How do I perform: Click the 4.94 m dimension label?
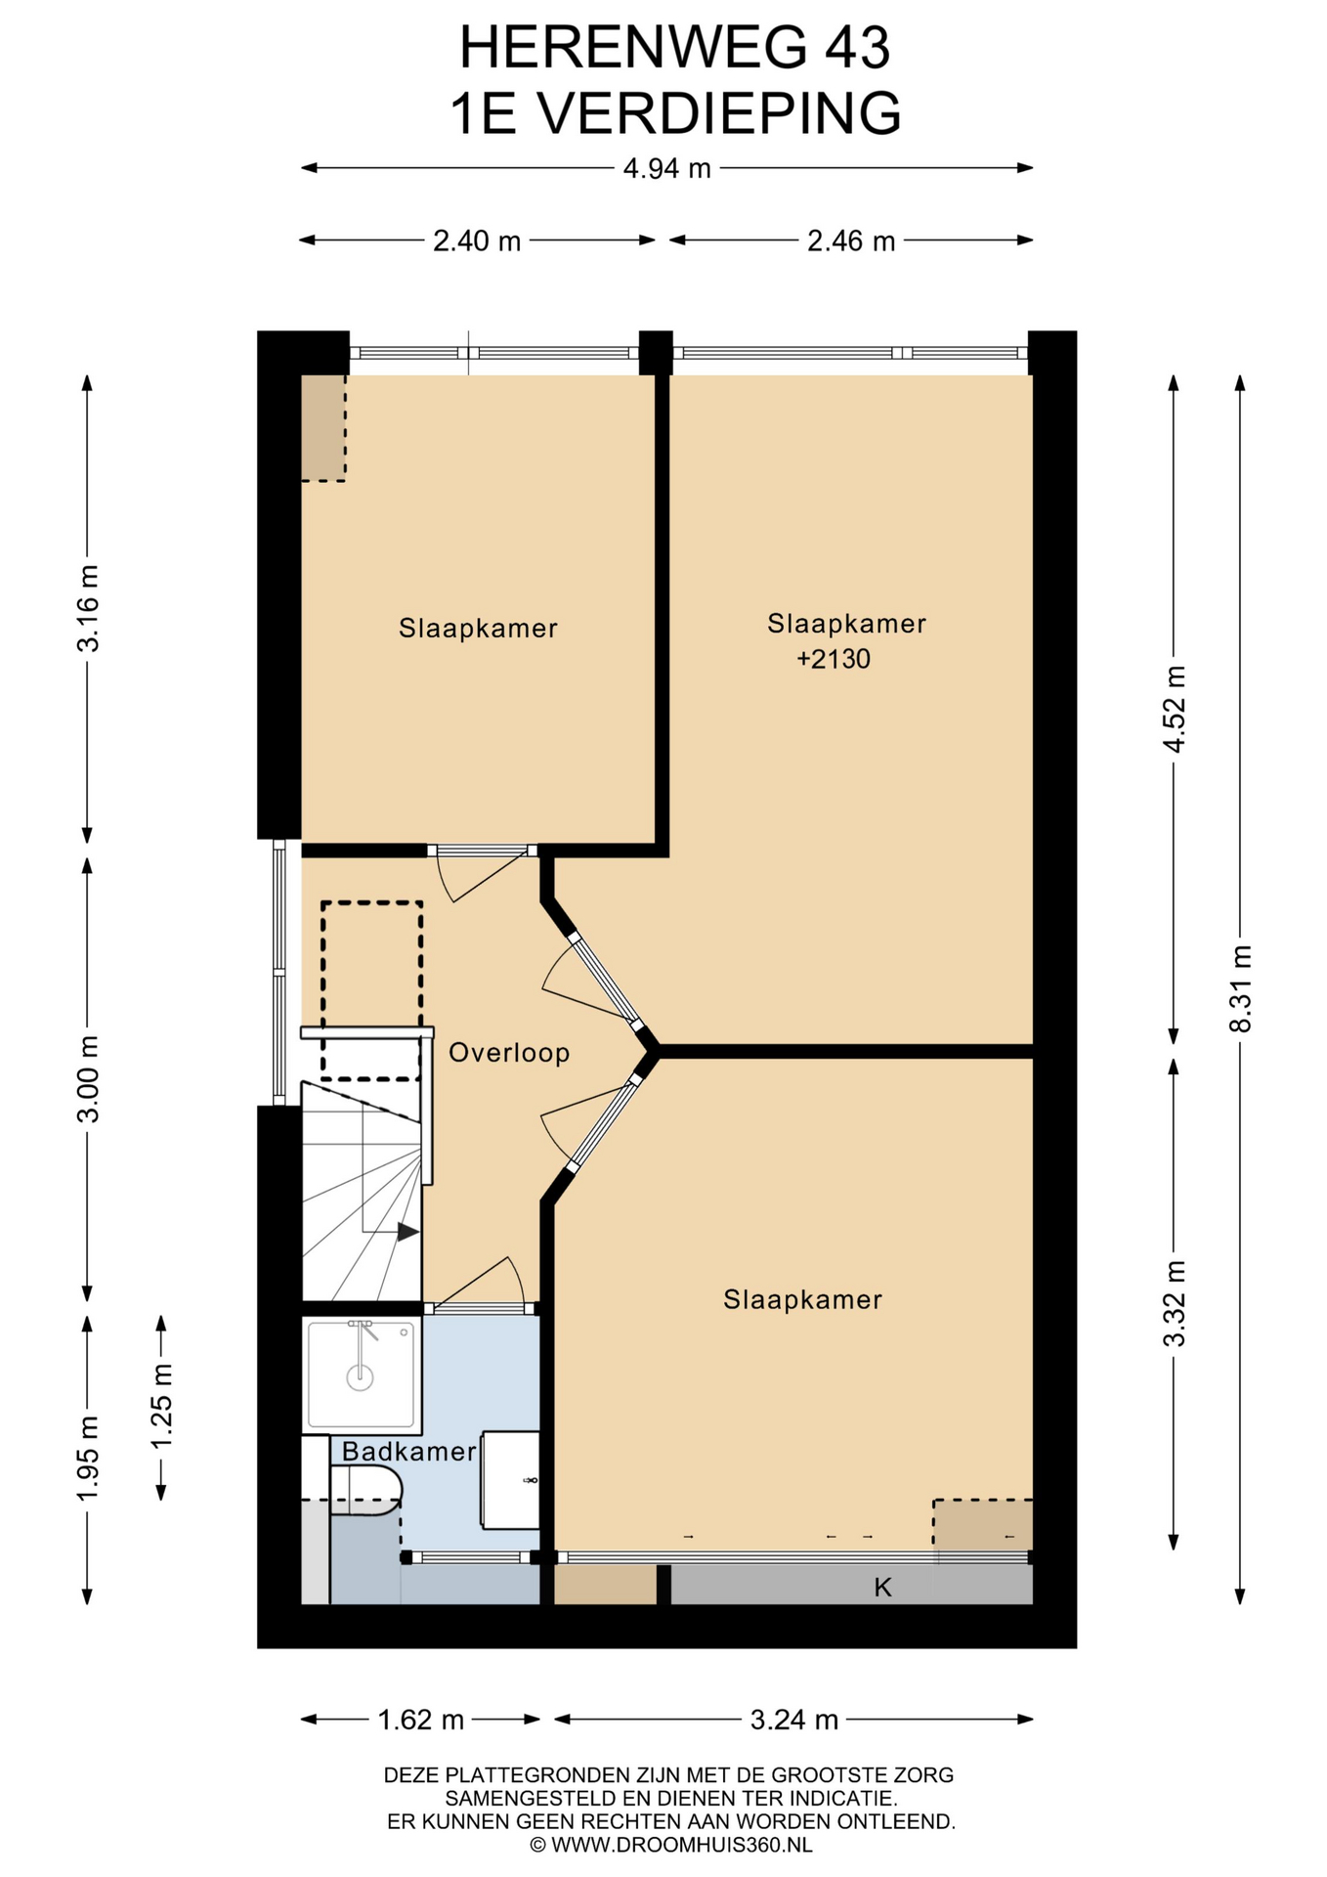(x=667, y=168)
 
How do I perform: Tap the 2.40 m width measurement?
(x=477, y=240)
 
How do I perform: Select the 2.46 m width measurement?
(x=851, y=240)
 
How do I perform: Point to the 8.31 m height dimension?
(x=1240, y=988)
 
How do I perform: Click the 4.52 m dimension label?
(x=1174, y=709)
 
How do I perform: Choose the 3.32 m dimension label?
(x=1174, y=1303)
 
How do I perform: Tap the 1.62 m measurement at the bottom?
(x=421, y=1720)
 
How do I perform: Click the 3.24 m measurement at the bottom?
(x=794, y=1720)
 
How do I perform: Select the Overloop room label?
(x=509, y=1053)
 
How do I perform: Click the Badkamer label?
(x=408, y=1451)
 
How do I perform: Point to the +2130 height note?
(x=834, y=659)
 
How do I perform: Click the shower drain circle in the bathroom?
(x=361, y=1377)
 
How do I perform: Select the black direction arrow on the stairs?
(x=407, y=1232)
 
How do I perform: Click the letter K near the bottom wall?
(x=882, y=1588)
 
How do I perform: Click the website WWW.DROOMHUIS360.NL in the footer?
(x=682, y=1845)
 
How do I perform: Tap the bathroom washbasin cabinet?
(x=510, y=1480)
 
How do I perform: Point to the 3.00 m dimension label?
(x=87, y=1079)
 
